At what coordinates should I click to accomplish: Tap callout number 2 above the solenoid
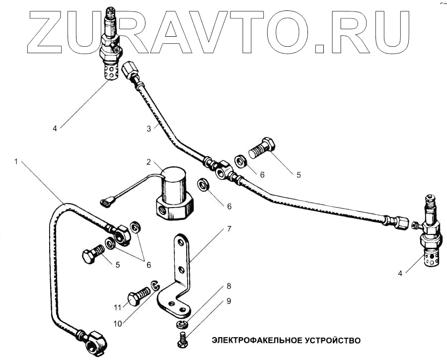[x=149, y=162]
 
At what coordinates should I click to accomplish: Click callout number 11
[x=118, y=308]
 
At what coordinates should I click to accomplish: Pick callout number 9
[x=228, y=301]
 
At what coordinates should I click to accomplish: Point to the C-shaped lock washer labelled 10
[x=156, y=285]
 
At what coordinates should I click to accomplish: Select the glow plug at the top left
[x=110, y=47]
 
